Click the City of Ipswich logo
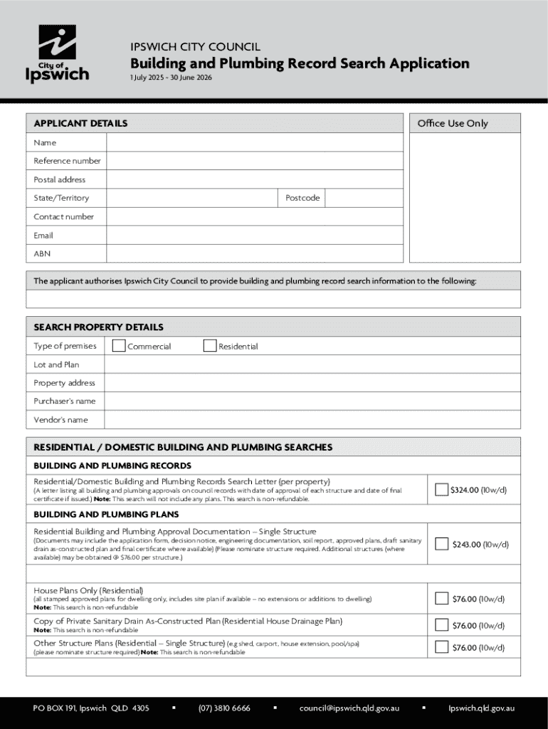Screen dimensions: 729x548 pyautogui.click(x=58, y=55)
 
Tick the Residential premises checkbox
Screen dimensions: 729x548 pyautogui.click(x=209, y=346)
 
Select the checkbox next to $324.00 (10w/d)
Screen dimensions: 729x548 pyautogui.click(x=442, y=490)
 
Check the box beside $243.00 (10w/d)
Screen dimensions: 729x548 pyautogui.click(x=442, y=545)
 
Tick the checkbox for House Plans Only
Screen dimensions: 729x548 pyautogui.click(x=442, y=599)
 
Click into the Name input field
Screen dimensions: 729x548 pyautogui.click(x=253, y=142)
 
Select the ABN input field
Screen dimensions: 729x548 pyautogui.click(x=253, y=253)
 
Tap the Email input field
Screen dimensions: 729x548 pyautogui.click(x=253, y=235)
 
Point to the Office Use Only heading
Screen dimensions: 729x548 pyautogui.click(x=453, y=123)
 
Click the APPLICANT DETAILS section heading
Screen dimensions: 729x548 pyautogui.click(x=80, y=123)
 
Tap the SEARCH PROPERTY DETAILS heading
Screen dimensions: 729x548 pyautogui.click(x=98, y=327)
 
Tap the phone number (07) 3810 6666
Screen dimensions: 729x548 pyautogui.click(x=224, y=708)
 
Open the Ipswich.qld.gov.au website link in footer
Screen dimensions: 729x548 pyautogui.click(x=481, y=708)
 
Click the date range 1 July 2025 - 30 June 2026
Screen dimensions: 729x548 pyautogui.click(x=171, y=77)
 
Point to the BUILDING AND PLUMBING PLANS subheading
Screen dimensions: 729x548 pyautogui.click(x=106, y=514)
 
